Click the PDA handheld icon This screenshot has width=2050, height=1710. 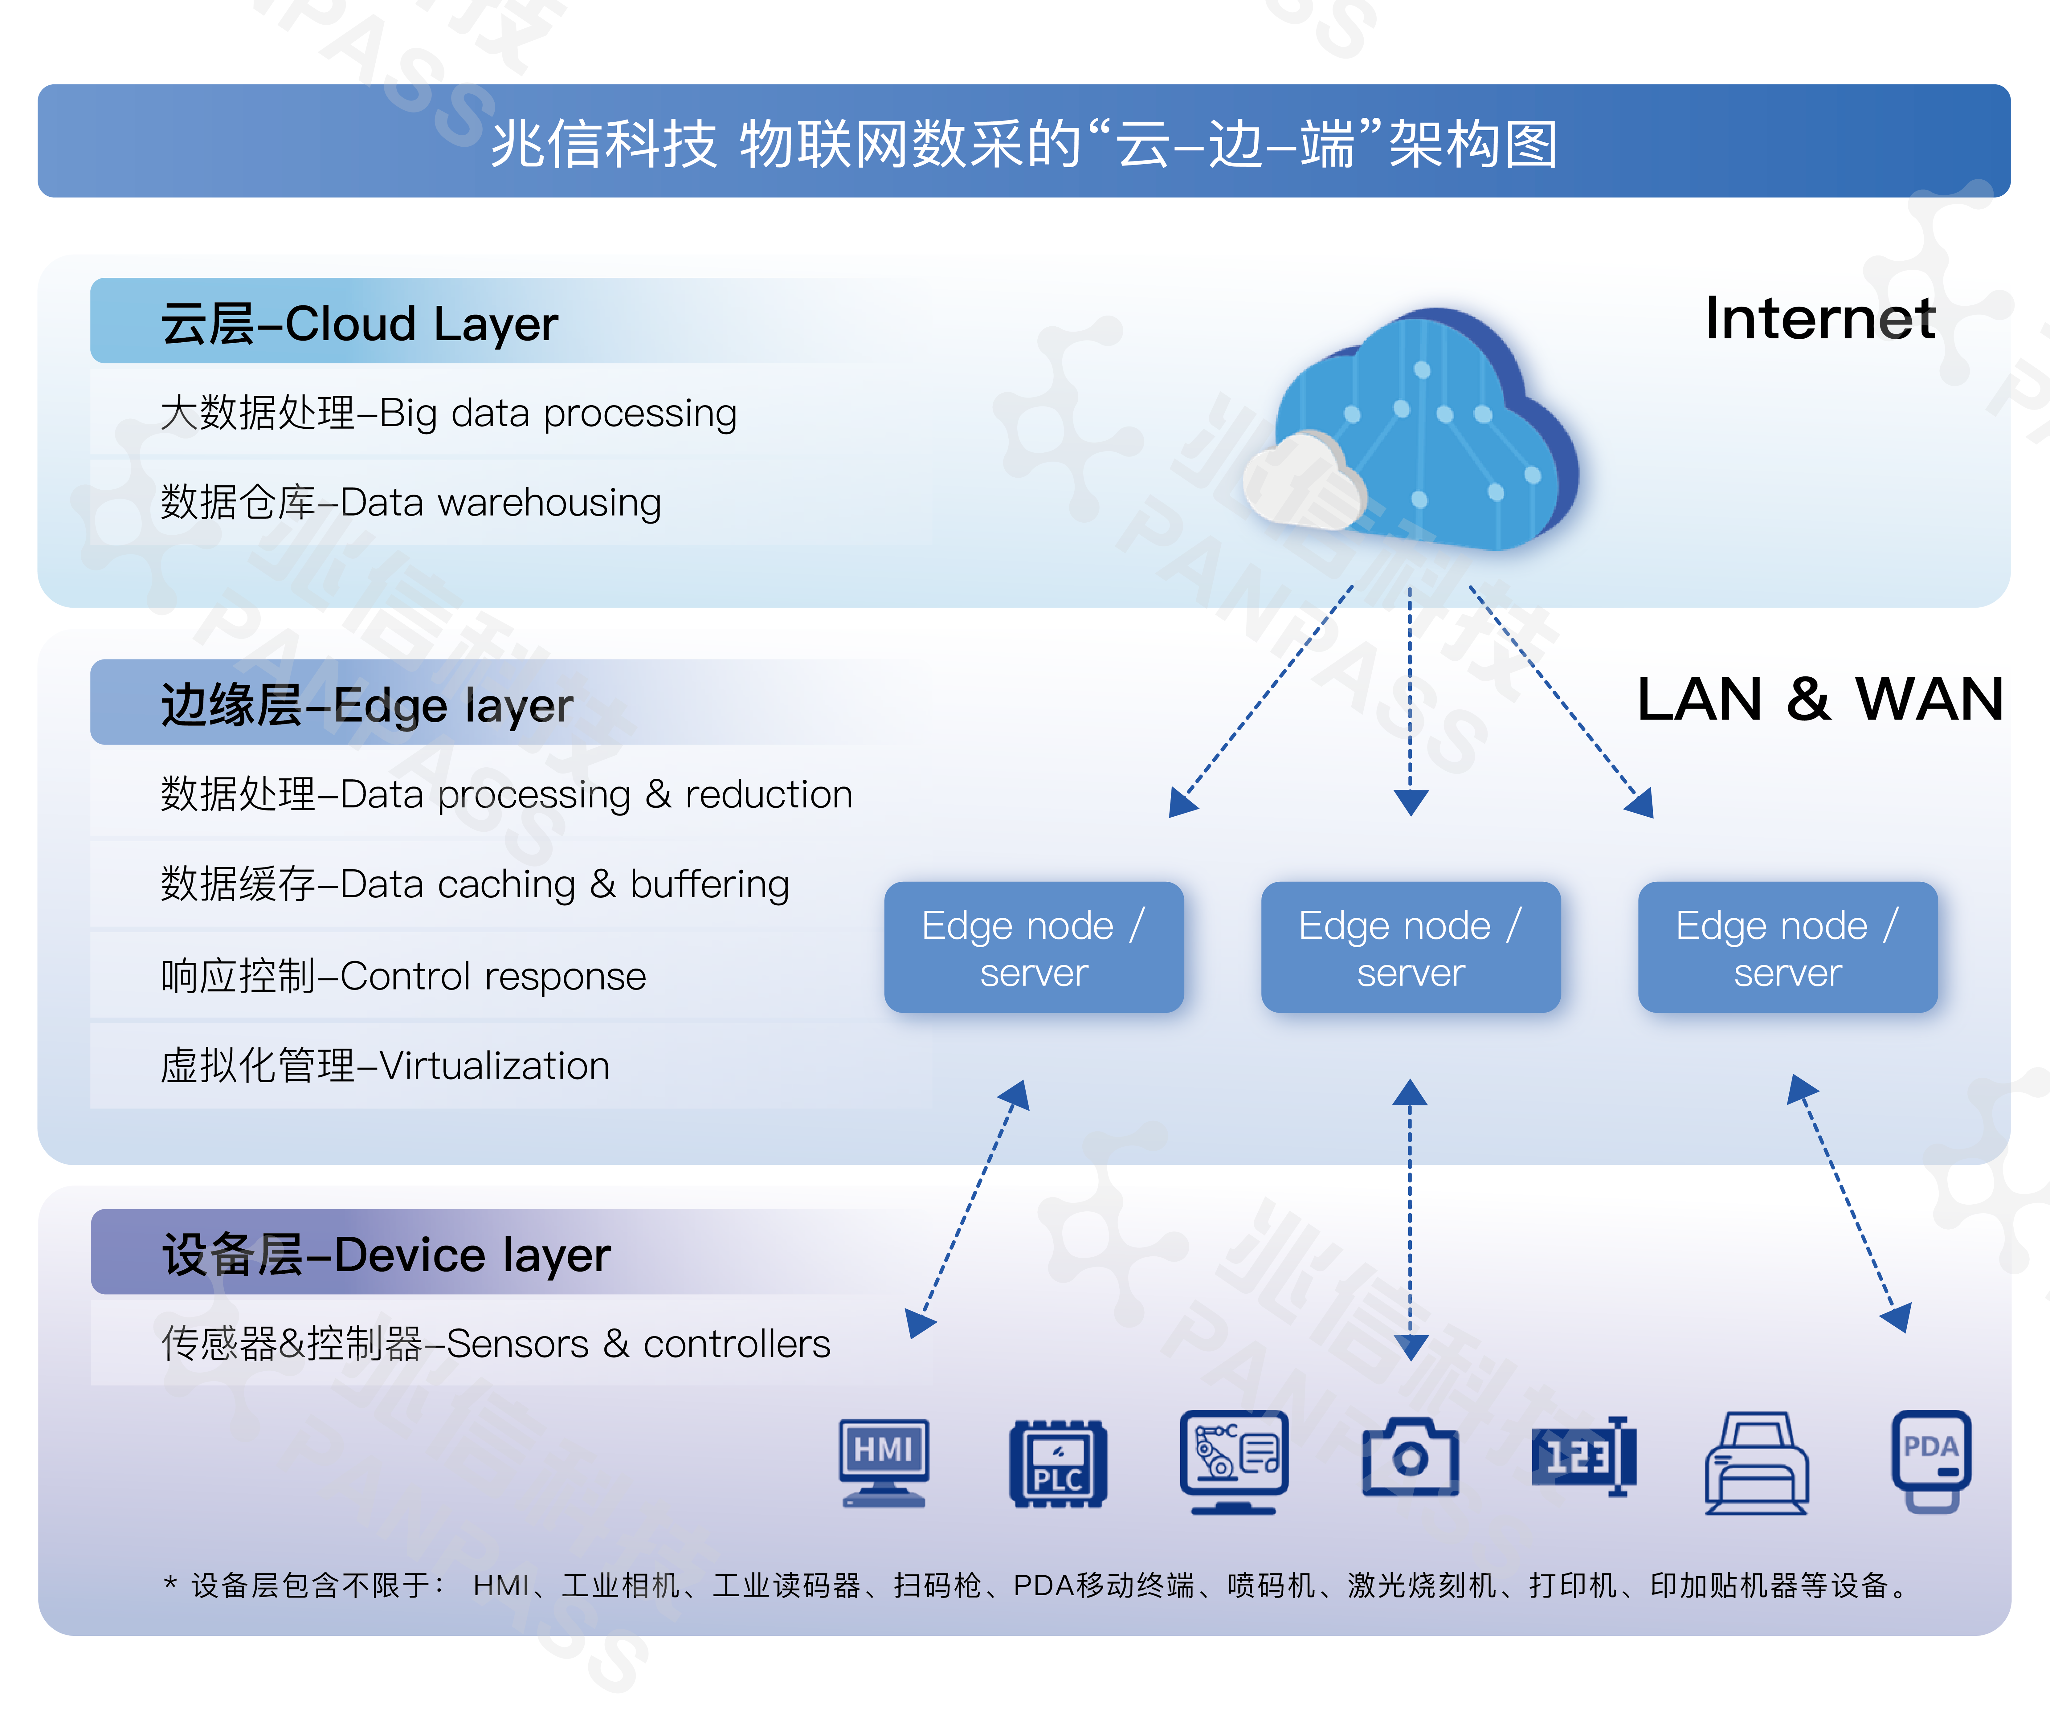[1931, 1461]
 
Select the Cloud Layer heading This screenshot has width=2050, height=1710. [359, 323]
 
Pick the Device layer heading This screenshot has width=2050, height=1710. [386, 1254]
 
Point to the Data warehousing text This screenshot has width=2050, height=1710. [500, 503]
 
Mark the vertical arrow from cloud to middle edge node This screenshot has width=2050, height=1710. [1410, 703]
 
